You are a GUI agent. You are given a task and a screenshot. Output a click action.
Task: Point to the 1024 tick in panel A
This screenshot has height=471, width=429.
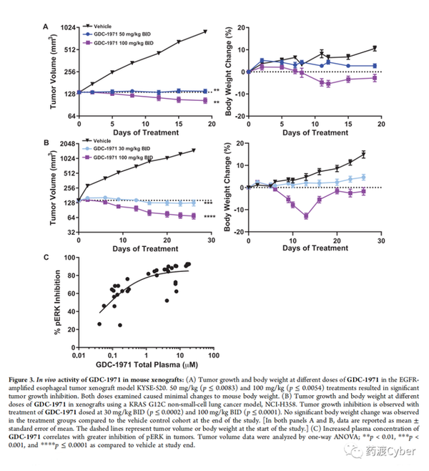[x=67, y=28]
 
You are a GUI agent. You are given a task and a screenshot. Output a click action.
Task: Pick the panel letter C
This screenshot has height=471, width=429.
[x=46, y=257]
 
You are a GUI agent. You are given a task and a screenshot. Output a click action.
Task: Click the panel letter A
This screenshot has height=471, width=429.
[x=46, y=27]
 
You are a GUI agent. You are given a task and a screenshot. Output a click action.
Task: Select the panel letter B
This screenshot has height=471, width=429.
[x=46, y=143]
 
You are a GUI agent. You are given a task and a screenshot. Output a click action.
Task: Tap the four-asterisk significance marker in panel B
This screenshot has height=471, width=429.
[x=209, y=217]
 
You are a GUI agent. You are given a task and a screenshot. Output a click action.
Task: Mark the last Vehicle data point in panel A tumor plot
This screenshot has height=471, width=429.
[x=204, y=31]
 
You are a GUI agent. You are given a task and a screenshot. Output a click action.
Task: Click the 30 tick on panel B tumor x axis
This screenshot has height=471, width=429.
[x=211, y=241]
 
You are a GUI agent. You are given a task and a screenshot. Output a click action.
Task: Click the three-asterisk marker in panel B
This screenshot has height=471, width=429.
[x=207, y=204]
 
